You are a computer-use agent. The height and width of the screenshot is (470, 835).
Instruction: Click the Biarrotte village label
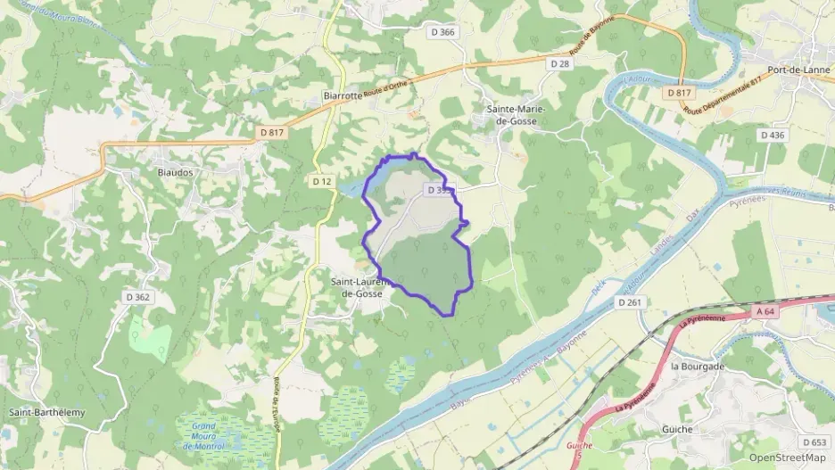coord(343,95)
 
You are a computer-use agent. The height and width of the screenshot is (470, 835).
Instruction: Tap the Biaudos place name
coord(175,172)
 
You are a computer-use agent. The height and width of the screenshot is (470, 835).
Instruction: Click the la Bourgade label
coord(698,367)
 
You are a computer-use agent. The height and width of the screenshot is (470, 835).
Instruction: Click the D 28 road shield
coord(559,63)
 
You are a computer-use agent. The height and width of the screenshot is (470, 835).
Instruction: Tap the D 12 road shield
coord(322,181)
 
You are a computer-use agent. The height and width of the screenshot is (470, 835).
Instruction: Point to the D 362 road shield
coord(137,297)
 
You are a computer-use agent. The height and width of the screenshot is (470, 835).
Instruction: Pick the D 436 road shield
coord(773,135)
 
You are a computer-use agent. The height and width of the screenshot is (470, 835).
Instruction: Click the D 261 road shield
coord(630,303)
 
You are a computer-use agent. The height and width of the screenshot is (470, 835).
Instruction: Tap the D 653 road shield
coord(814,442)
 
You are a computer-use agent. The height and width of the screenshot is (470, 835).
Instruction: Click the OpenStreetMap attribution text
coord(787,458)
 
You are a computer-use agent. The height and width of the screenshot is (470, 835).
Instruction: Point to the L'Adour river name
coord(638,79)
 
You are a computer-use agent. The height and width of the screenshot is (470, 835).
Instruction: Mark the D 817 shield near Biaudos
coord(273,133)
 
